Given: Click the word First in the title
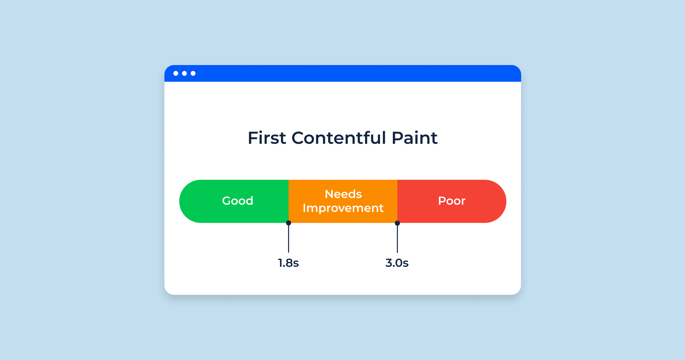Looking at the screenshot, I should click(267, 138).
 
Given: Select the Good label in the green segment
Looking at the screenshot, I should click(238, 201).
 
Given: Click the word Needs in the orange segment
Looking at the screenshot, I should click(343, 194).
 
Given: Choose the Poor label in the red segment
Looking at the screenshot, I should click(452, 201).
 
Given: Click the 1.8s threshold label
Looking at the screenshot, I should click(288, 263).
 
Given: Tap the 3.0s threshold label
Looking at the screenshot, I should click(397, 263).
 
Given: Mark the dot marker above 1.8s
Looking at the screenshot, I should click(289, 223).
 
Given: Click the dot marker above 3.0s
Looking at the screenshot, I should click(397, 223).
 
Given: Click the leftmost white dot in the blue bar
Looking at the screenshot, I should click(176, 73).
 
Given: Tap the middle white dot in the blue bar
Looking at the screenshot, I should click(184, 73).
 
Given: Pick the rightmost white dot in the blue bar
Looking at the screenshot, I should click(193, 73).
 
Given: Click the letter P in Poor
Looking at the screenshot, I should click(442, 201).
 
